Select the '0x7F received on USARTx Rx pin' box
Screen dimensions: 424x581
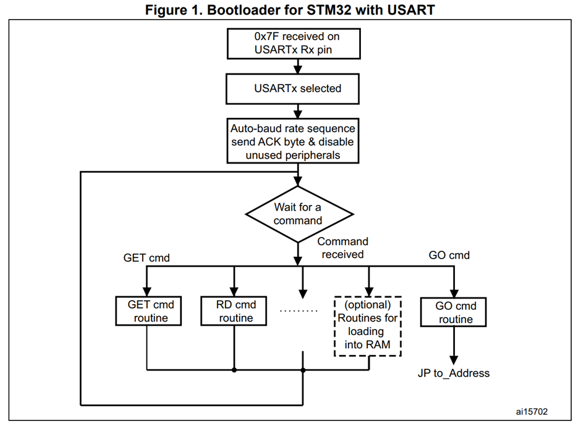(x=299, y=43)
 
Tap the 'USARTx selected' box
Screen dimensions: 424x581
(x=299, y=89)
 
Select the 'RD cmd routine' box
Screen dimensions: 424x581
(x=235, y=311)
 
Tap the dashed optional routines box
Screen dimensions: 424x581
(x=368, y=325)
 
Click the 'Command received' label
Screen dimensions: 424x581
(x=342, y=247)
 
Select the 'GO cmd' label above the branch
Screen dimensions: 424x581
(x=449, y=255)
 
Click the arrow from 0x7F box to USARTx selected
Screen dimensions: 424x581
(x=299, y=66)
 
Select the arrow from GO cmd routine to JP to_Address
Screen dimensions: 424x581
(x=456, y=346)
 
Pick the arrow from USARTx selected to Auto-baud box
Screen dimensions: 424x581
(x=299, y=111)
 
